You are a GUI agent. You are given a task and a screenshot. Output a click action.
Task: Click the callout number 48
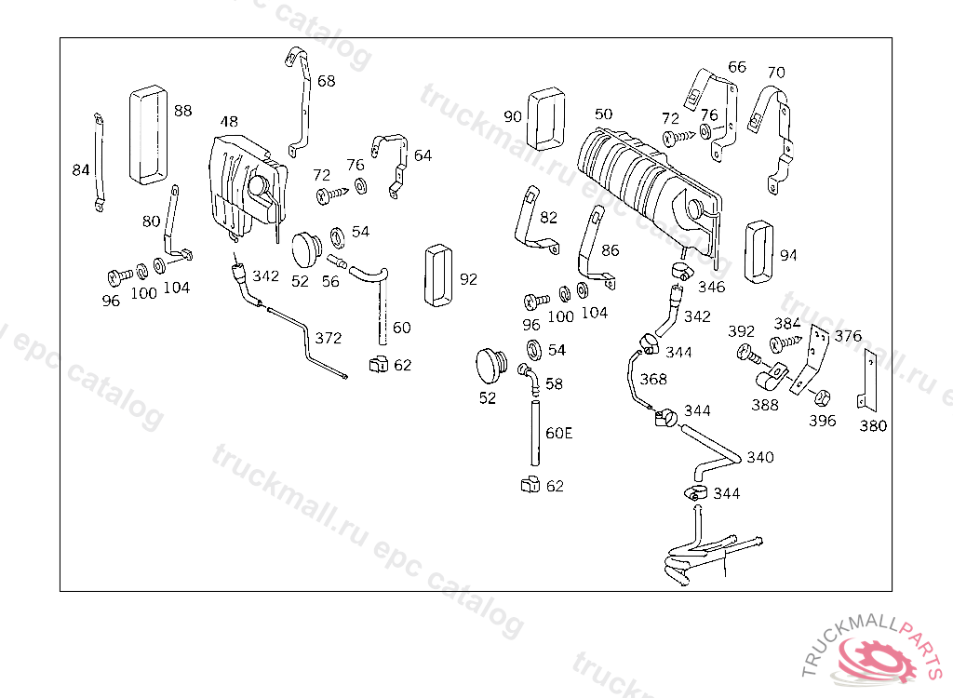pos(229,122)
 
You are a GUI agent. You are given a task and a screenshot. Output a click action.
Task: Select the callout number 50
pos(603,114)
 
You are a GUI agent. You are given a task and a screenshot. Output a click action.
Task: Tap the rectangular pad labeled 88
pos(148,134)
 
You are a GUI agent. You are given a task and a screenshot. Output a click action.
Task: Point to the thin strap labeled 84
pos(99,162)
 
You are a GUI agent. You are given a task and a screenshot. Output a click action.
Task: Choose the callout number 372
pos(329,338)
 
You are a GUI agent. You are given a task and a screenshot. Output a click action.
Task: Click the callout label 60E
pos(558,433)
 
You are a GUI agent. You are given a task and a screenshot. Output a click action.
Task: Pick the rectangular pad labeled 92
pos(438,275)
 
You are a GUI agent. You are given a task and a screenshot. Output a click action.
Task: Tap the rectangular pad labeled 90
pos(546,118)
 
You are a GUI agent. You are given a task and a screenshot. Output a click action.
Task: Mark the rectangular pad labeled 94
pos(759,251)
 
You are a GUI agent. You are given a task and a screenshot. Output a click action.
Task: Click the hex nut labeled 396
pos(822,397)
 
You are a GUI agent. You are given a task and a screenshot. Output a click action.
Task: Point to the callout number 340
pos(760,457)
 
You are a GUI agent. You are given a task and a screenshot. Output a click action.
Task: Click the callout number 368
pos(653,380)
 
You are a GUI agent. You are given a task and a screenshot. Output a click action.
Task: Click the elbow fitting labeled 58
pos(529,378)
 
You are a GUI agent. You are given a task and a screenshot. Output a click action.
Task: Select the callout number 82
pos(548,217)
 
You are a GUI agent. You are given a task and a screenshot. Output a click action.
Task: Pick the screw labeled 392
pos(748,354)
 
